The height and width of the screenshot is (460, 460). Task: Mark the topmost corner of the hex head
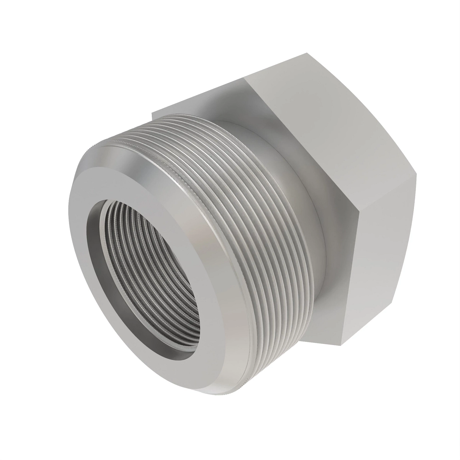[307, 53]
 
